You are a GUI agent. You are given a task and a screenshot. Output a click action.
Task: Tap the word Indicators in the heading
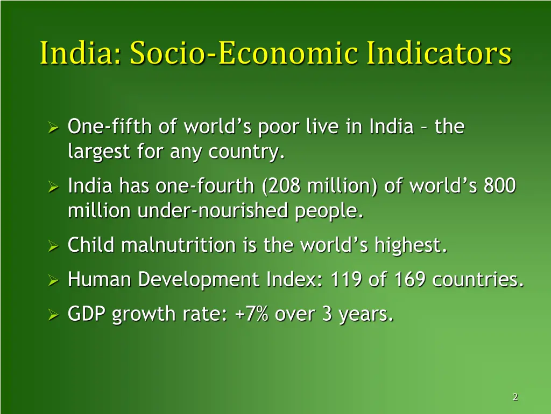pos(439,53)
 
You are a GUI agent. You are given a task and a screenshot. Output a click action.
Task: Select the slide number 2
pos(515,397)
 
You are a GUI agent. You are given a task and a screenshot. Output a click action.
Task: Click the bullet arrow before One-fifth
pos(53,128)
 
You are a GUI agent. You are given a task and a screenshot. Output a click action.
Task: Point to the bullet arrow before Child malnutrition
pos(53,247)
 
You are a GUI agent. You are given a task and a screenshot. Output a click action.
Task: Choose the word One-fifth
pos(110,127)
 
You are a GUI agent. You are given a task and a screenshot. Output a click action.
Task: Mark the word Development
pos(200,280)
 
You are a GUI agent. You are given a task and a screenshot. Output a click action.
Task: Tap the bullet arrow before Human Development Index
pos(53,281)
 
